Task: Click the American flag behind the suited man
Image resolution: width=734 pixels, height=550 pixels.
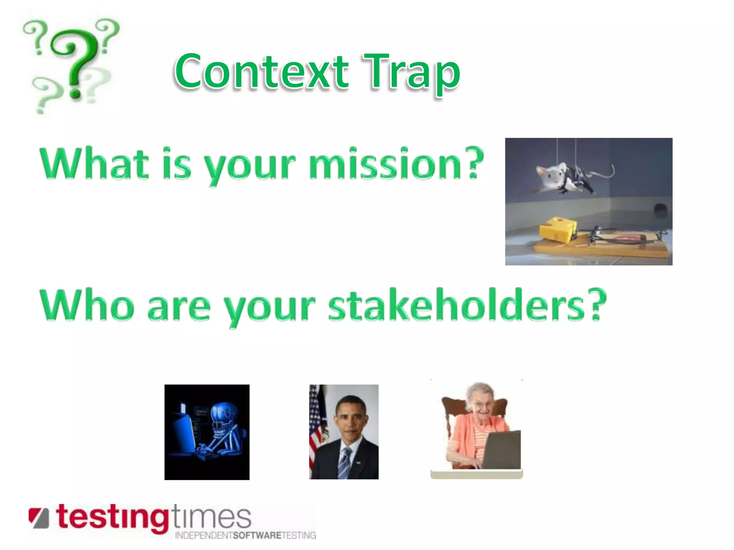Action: (316, 426)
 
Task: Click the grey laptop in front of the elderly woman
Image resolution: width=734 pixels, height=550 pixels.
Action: (502, 451)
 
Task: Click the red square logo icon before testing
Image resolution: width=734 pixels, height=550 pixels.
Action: (39, 517)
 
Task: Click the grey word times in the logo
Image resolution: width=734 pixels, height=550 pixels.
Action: (211, 517)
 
